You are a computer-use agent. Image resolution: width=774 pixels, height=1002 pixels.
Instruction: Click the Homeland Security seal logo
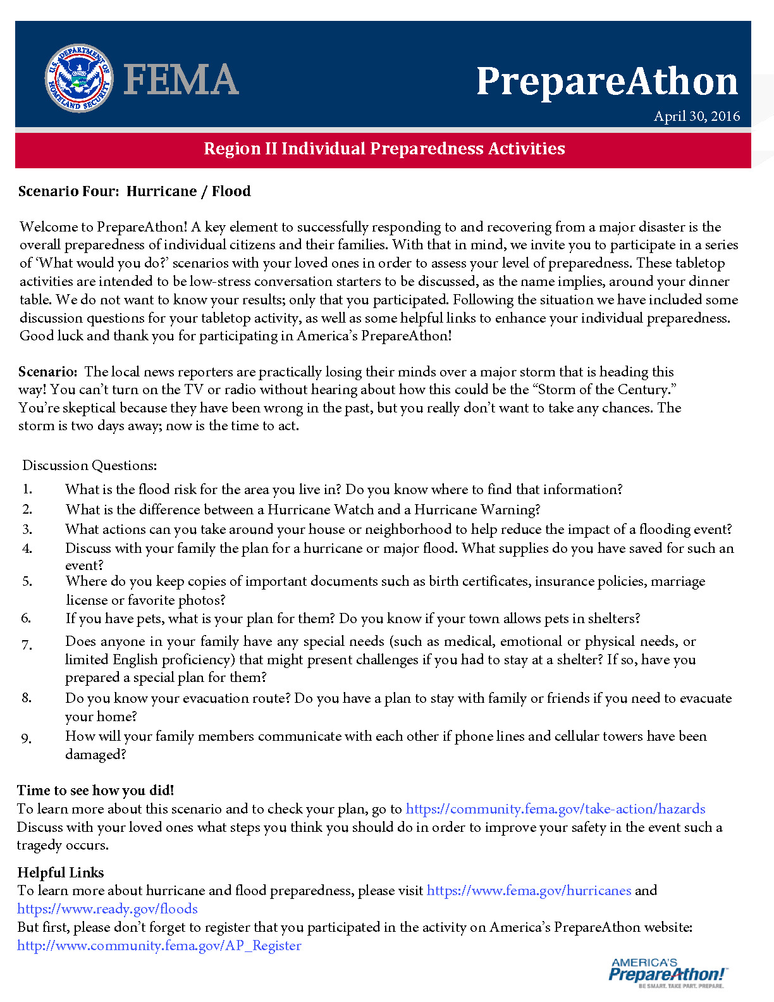(x=79, y=78)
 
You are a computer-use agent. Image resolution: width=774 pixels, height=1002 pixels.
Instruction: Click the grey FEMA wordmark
(x=181, y=80)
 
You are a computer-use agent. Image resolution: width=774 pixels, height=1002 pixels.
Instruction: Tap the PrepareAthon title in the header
(x=606, y=82)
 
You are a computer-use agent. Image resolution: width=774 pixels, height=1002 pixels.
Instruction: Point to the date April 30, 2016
(x=696, y=116)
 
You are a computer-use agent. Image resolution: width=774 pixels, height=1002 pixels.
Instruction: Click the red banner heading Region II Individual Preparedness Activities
(x=384, y=149)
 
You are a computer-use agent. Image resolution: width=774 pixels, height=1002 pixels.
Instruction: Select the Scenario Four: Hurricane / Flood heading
(x=134, y=191)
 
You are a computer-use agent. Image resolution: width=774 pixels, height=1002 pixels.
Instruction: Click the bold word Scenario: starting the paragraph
(x=47, y=371)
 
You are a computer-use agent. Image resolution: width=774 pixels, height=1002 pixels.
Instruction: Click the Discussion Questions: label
(x=89, y=466)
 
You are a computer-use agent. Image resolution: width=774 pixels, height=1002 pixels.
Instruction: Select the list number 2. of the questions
(x=27, y=509)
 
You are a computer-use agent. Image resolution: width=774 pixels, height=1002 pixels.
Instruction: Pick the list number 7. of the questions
(x=27, y=645)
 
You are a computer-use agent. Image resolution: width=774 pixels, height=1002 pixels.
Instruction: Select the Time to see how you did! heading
(x=95, y=790)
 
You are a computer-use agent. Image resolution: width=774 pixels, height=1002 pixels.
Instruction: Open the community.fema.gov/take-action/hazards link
(x=555, y=809)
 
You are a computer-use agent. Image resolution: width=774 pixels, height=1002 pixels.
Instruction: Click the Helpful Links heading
(x=61, y=872)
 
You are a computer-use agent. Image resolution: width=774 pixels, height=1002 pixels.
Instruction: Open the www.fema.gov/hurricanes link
(x=529, y=891)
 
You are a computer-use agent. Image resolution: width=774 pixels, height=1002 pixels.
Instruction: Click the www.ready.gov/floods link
(x=107, y=909)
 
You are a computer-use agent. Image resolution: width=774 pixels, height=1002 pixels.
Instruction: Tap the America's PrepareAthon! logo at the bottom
(x=667, y=972)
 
